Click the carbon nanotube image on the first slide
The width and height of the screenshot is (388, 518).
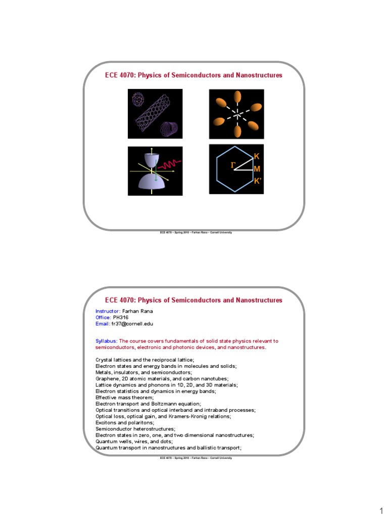point(155,113)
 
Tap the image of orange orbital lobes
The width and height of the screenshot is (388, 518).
point(236,114)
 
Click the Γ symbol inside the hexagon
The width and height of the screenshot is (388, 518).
point(233,164)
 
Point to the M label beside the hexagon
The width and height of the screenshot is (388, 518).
point(257,169)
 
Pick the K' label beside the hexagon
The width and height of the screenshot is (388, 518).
point(258,181)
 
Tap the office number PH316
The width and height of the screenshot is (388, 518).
point(121,317)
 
